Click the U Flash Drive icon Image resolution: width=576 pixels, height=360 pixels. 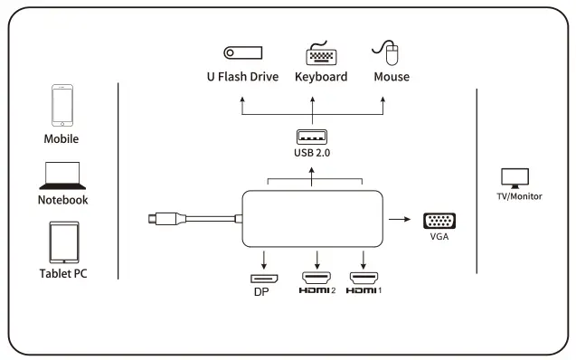tap(241, 53)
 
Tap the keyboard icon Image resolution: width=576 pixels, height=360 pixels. tap(320, 53)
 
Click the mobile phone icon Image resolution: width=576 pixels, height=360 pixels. tap(61, 107)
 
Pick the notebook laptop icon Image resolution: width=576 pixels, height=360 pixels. tap(62, 175)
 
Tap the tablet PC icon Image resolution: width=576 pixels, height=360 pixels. tap(62, 242)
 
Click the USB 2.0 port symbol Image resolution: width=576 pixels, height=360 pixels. tap(312, 137)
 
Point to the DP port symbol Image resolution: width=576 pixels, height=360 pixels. tap(263, 277)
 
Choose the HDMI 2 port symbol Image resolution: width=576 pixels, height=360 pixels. tap(316, 277)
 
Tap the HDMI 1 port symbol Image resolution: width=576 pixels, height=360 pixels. tap(364, 277)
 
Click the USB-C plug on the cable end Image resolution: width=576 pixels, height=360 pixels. tap(160, 218)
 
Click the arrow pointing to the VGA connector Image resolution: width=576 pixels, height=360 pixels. tap(397, 219)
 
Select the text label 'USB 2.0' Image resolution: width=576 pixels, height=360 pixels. tap(312, 154)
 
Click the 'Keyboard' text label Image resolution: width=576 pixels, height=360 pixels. tap(320, 77)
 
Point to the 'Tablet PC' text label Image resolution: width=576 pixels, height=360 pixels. tap(62, 273)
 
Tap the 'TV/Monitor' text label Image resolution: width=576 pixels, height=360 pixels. tap(519, 196)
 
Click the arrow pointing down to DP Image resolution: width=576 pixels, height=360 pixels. tap(263, 257)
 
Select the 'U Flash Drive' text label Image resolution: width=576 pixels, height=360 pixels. tap(241, 77)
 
